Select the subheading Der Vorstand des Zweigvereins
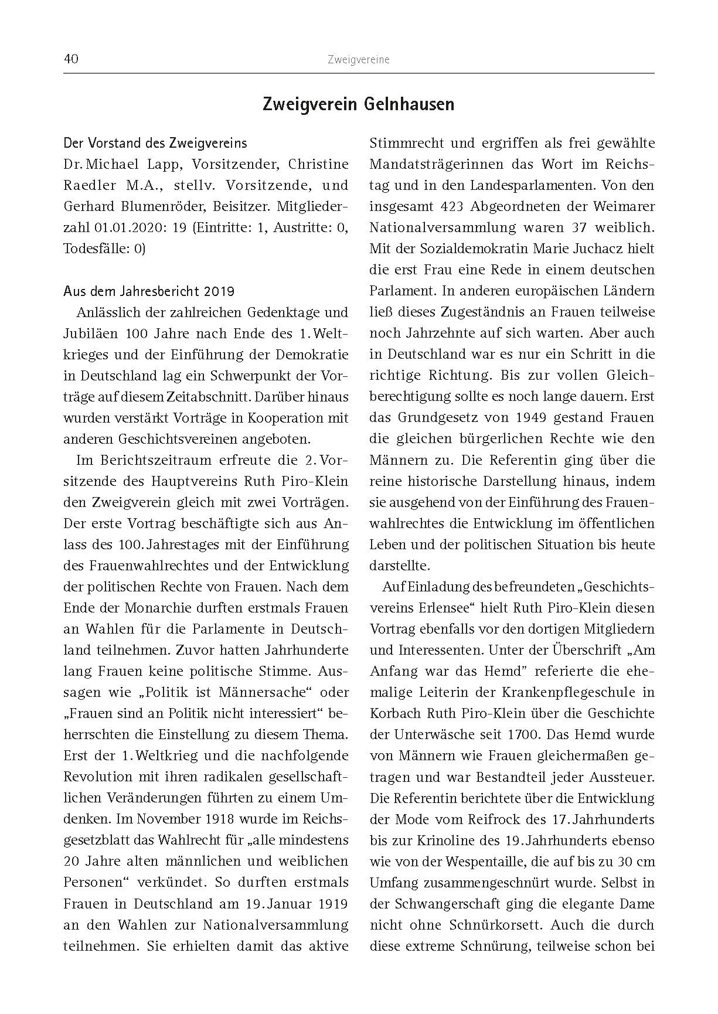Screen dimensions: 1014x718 (x=155, y=143)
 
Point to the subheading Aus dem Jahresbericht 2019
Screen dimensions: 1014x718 (x=149, y=291)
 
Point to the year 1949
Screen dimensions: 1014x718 (x=550, y=417)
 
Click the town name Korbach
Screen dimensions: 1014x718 (x=396, y=713)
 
